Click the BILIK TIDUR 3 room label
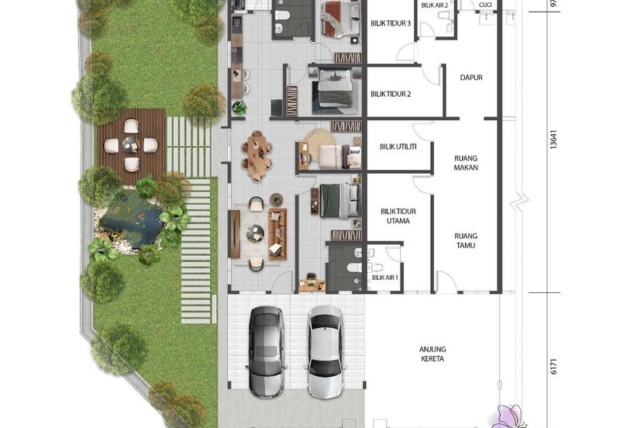[391, 23]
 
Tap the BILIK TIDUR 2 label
[391, 94]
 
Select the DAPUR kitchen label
[472, 78]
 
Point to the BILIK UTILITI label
[399, 146]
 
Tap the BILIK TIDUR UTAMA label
[395, 216]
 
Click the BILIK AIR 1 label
[385, 277]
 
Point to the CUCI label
[486, 5]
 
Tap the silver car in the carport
[325, 350]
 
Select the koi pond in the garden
[129, 219]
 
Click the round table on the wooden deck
[131, 144]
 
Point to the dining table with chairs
[257, 154]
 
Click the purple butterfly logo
[508, 417]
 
